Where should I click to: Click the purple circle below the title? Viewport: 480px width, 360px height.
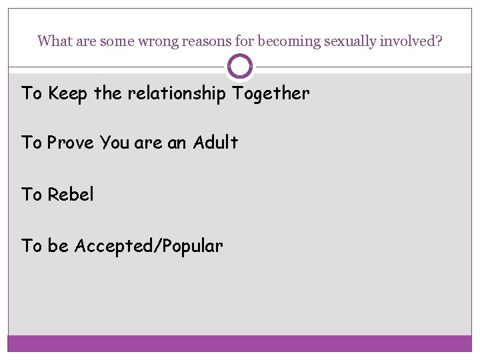[x=240, y=67]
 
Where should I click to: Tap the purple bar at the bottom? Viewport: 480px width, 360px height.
[x=240, y=343]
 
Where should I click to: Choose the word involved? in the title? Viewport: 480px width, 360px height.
[x=411, y=41]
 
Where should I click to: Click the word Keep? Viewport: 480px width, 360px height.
[x=68, y=94]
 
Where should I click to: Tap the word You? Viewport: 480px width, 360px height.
[x=114, y=143]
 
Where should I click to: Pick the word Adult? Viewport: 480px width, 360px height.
[x=215, y=143]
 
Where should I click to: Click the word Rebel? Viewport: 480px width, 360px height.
[x=71, y=195]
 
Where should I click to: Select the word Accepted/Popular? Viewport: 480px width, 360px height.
[x=149, y=247]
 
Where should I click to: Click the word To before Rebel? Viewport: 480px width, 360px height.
[x=31, y=195]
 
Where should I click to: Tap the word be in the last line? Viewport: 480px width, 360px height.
[x=58, y=247]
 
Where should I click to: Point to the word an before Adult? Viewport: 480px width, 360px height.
[x=177, y=143]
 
